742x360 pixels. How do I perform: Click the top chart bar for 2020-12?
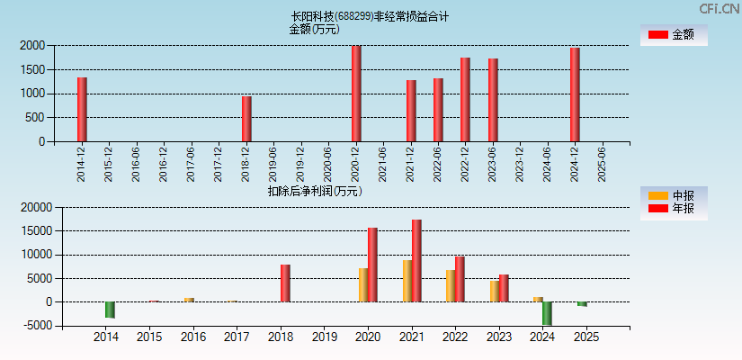356,94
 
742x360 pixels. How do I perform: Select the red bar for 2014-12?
82,109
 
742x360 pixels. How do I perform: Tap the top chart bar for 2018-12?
246,119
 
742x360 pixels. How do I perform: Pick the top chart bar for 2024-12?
575,94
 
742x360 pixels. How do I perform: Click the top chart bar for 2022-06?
438,110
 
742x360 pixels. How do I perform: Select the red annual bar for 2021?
416,261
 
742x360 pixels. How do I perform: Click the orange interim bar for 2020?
363,284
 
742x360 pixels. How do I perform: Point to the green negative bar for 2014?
110,310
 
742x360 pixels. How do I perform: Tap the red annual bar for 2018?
285,283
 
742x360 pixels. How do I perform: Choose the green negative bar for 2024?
547,313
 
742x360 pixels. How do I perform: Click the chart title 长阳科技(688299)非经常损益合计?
370,16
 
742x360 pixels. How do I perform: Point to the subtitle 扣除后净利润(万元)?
314,191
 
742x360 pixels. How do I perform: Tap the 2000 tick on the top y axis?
31,45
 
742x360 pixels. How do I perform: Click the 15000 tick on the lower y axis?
34,231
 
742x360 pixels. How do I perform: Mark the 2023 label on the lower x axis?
498,337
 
